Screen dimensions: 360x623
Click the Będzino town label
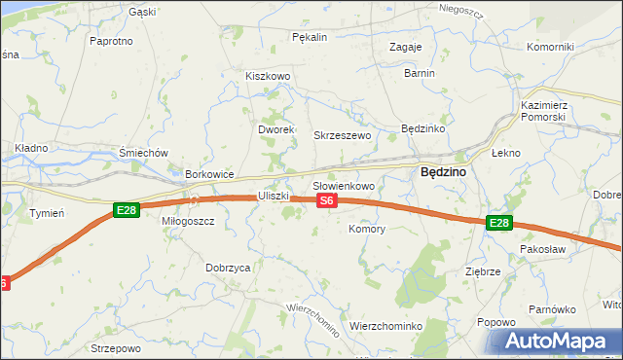pyautogui.click(x=442, y=171)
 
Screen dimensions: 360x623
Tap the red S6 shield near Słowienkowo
pyautogui.click(x=327, y=200)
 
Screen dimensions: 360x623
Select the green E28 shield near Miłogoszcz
pyautogui.click(x=126, y=209)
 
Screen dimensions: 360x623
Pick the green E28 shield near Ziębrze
pyautogui.click(x=498, y=223)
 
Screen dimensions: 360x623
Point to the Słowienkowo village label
pyautogui.click(x=343, y=185)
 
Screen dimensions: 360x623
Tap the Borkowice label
pyautogui.click(x=209, y=174)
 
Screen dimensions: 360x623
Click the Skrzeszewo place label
pyautogui.click(x=342, y=135)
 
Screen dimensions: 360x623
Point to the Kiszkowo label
pyautogui.click(x=269, y=76)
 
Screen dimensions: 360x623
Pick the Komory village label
pyautogui.click(x=367, y=230)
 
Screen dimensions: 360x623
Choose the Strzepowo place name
pyautogui.click(x=116, y=347)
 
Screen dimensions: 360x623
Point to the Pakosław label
pyautogui.click(x=543, y=249)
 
